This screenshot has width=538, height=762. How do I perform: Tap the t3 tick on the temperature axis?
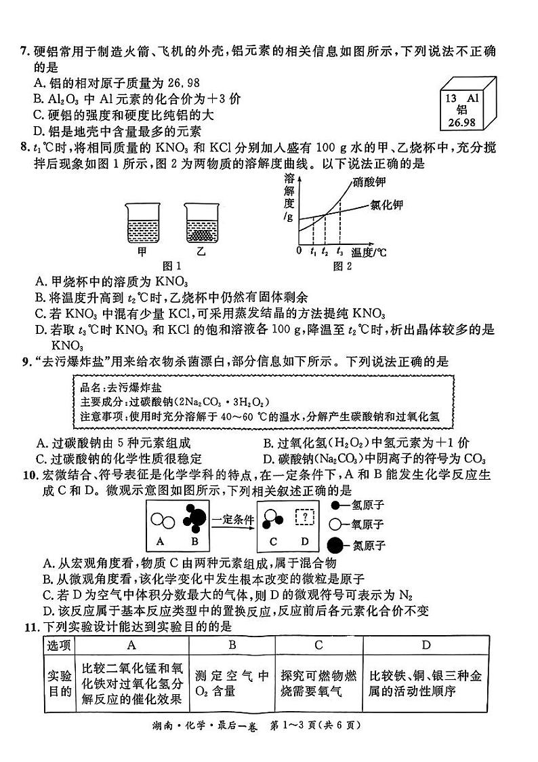coord(339,252)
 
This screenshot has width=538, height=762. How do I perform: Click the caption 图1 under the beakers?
coord(171,265)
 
